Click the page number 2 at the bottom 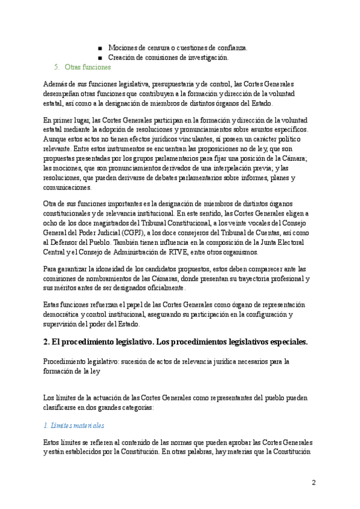(x=314, y=483)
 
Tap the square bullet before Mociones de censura (x=100, y=47)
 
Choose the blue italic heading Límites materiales (x=74, y=426)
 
